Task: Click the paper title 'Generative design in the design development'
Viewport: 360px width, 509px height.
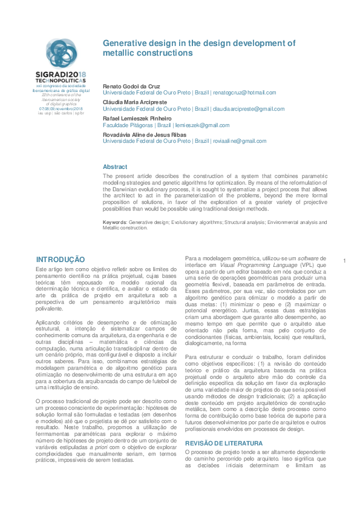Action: (198, 43)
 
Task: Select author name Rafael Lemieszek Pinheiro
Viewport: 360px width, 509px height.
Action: (137, 118)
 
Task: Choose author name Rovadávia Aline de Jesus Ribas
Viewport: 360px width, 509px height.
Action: (144, 134)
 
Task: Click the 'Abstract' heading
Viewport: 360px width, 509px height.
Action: (115, 166)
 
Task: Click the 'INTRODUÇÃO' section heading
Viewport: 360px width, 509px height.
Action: (61, 258)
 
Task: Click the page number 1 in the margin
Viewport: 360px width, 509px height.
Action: (343, 261)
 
